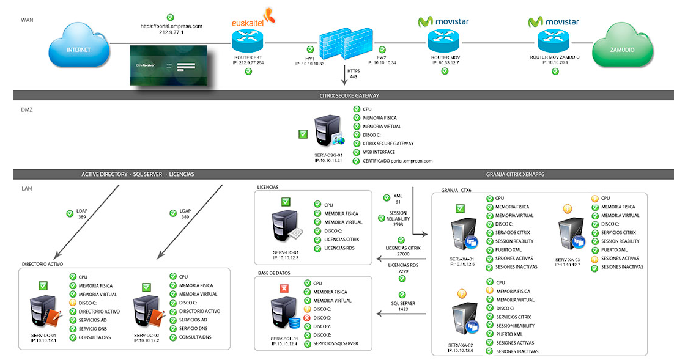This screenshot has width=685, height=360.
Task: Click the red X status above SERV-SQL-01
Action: (x=283, y=288)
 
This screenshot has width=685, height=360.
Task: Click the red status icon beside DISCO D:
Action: (x=307, y=318)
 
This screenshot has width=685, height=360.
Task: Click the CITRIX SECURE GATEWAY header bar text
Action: (x=349, y=95)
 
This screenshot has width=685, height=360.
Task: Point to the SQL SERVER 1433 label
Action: (x=403, y=306)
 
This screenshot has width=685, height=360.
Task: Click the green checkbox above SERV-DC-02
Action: (x=146, y=287)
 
